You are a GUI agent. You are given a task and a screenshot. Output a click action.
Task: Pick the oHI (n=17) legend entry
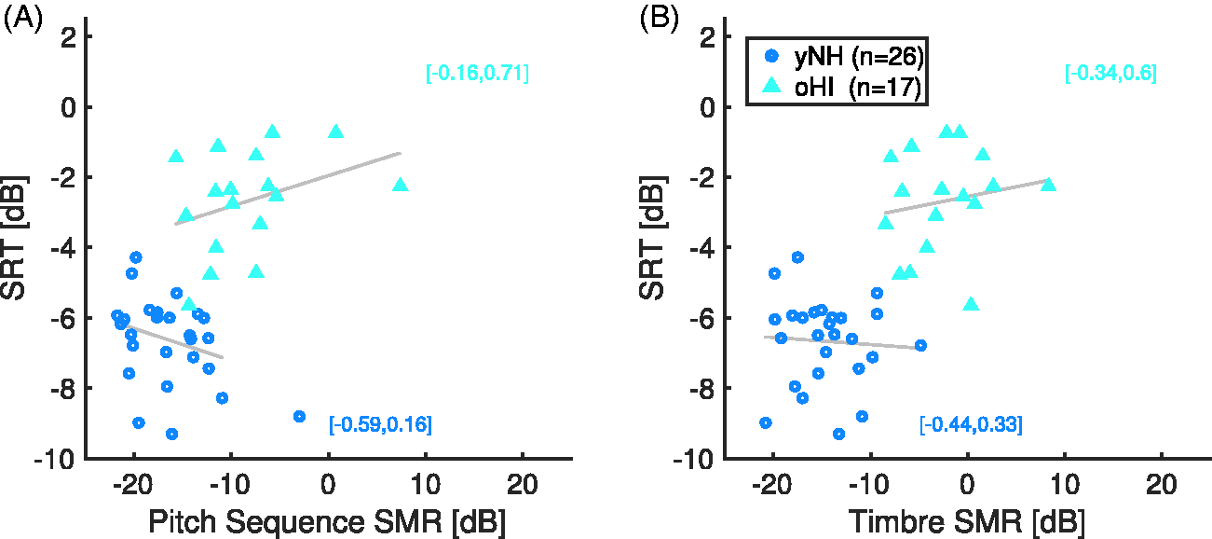coord(841,87)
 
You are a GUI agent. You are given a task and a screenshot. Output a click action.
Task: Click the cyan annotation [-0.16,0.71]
coord(477,73)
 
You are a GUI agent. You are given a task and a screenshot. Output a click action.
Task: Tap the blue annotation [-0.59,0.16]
coord(380,424)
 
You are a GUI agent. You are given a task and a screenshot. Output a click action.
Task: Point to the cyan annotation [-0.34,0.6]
coord(1110,73)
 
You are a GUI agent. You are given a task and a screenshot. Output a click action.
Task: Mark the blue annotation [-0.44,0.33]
coord(972,424)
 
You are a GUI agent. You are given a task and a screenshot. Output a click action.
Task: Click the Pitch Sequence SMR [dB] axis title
coord(327,522)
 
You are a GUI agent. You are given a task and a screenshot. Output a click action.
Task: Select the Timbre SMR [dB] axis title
coord(967,522)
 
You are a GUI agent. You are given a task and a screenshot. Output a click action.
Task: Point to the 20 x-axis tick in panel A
coord(522,484)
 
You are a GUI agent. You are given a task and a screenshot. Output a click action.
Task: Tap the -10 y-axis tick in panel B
coord(690,460)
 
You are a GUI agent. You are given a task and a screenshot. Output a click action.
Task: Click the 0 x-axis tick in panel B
coord(967,484)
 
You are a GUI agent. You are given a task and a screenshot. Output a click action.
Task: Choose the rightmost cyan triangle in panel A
coord(401,186)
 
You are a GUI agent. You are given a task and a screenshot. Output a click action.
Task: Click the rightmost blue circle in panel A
coord(299,417)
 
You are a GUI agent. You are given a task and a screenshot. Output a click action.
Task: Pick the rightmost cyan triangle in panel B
coord(1049,186)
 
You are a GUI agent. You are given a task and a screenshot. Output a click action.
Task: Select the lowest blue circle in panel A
coord(172,434)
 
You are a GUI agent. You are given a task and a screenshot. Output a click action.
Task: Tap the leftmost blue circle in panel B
coord(766,422)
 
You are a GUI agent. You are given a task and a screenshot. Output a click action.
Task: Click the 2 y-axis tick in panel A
coord(69,37)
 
